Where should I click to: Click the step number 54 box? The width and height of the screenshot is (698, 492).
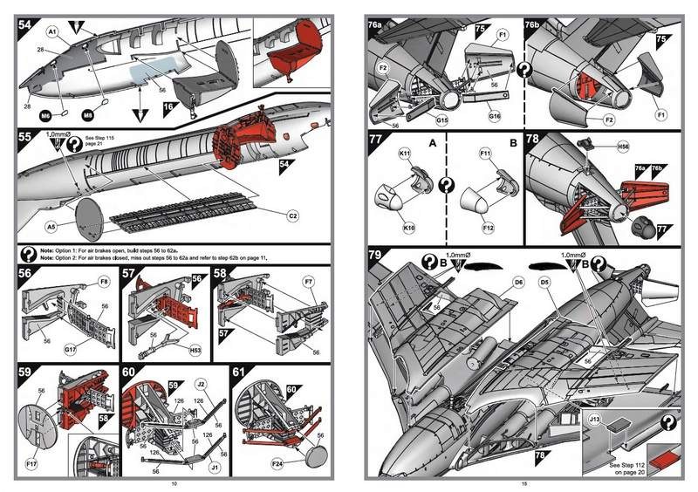(x=26, y=27)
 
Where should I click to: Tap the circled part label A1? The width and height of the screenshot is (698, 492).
(x=51, y=31)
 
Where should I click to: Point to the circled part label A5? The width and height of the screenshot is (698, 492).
(x=51, y=225)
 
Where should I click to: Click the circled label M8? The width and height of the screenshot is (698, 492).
(x=87, y=114)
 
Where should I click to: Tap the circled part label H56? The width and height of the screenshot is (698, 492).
(x=622, y=147)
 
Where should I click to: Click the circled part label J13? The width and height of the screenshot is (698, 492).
(x=594, y=419)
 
